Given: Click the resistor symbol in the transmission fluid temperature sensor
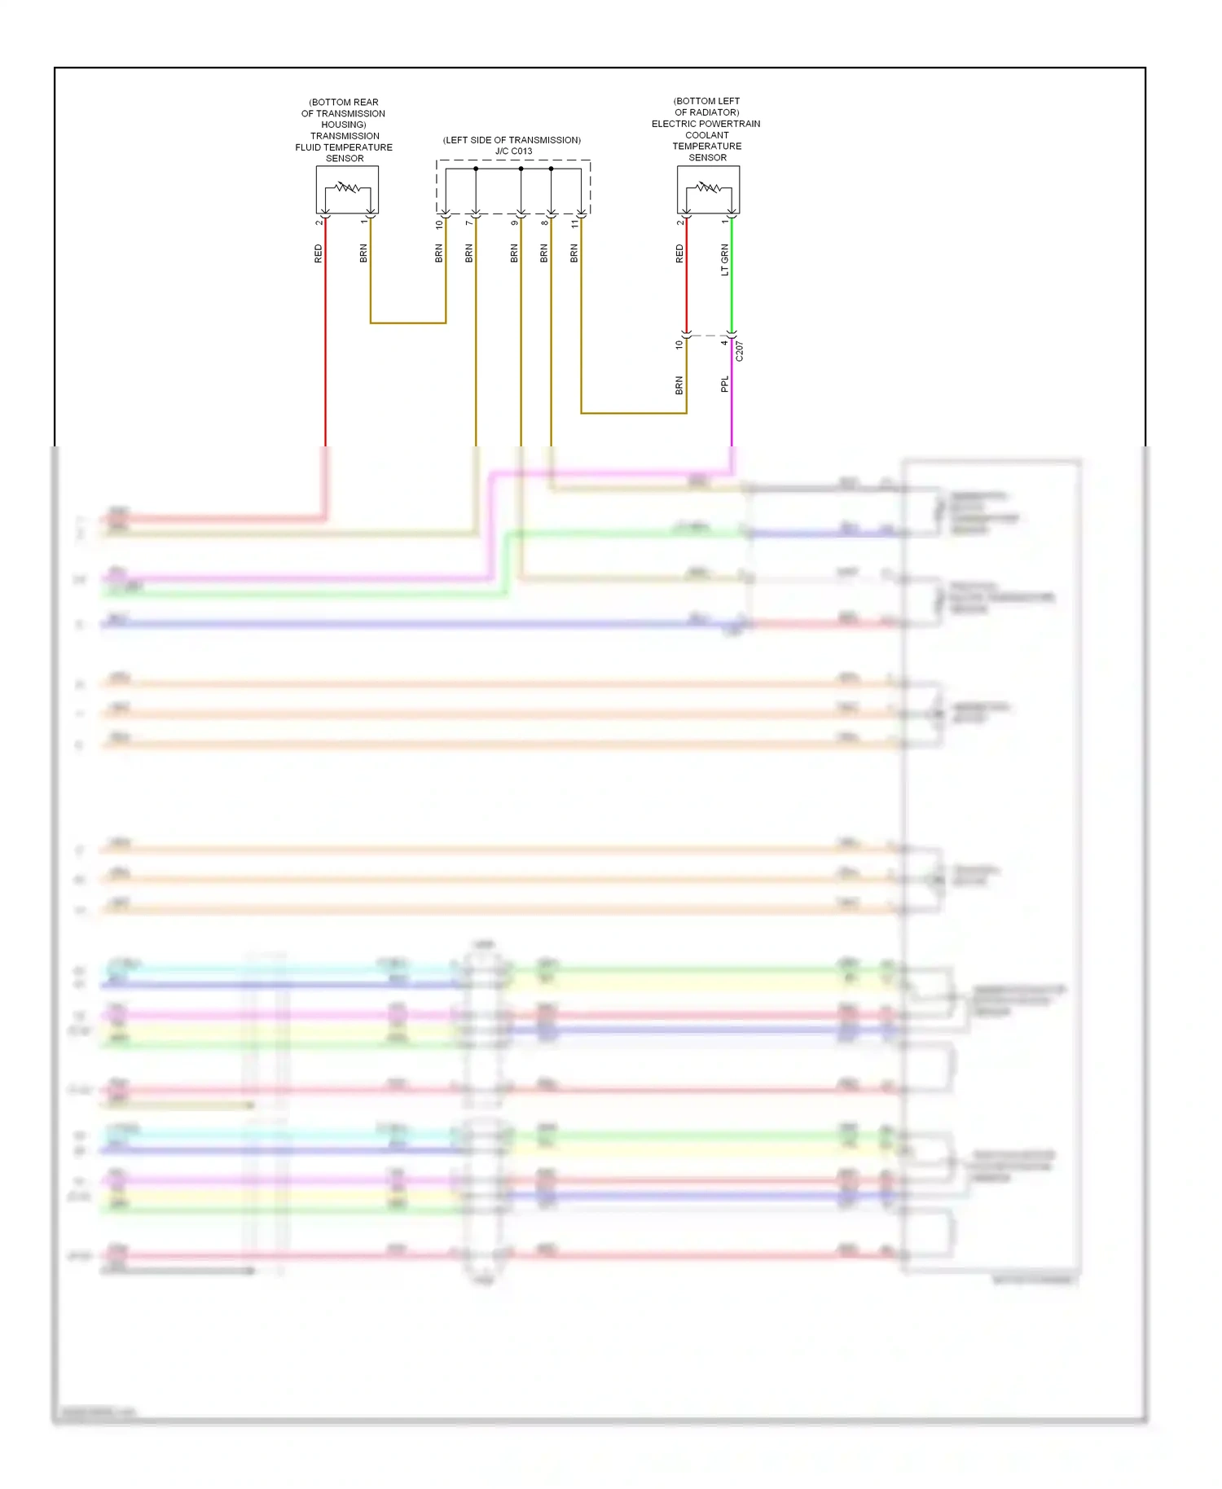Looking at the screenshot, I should (348, 188).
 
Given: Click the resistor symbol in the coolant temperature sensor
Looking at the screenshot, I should (709, 188).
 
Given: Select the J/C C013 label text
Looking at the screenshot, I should (513, 151).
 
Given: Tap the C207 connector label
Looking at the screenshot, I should (740, 352).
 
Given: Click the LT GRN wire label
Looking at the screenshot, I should (725, 260).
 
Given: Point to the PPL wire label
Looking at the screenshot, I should (725, 384).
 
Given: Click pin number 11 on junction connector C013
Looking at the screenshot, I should (575, 223).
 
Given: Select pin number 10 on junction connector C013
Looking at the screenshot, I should (439, 223).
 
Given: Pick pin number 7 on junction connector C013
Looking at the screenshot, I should (469, 223).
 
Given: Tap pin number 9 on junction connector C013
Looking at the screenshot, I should (515, 223).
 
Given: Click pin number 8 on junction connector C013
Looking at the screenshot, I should (545, 223).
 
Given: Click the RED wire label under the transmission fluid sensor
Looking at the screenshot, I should (319, 253).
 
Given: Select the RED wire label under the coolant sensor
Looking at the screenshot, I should (679, 253).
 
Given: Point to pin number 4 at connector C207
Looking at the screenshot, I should (724, 343).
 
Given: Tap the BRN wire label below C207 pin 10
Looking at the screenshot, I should (679, 385).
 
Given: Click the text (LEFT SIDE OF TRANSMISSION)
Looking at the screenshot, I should (512, 140).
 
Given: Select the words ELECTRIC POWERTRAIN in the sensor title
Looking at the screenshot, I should (706, 124).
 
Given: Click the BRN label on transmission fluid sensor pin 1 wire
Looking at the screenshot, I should (363, 253).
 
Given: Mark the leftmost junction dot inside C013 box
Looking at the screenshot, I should (476, 169).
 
